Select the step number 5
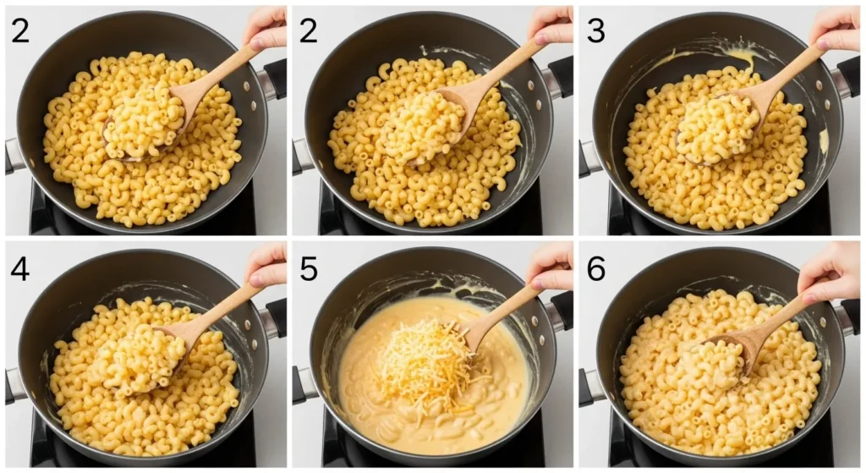[x=309, y=268]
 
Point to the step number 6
[x=595, y=268]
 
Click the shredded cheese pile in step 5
[x=421, y=366]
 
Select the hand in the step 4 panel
[x=266, y=265]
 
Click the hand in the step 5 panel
[x=551, y=265]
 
